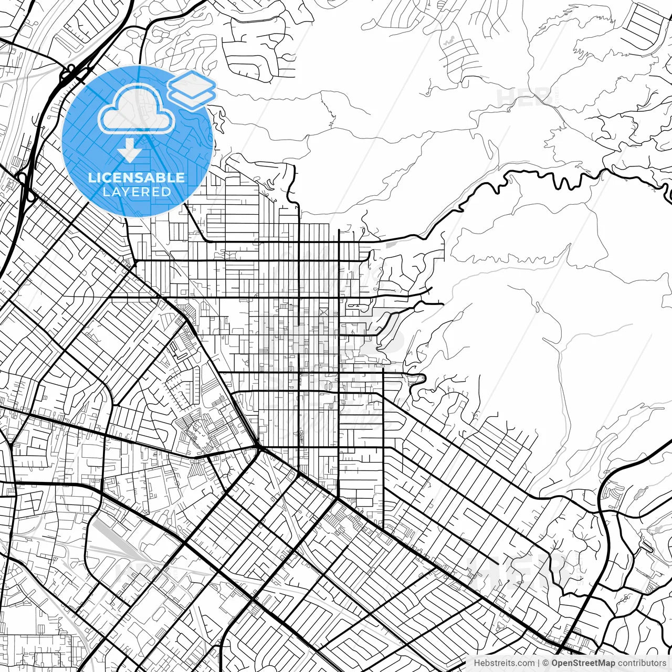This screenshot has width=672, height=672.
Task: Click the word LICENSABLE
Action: coord(136,177)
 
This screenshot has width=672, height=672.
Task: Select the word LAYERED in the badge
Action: coord(136,192)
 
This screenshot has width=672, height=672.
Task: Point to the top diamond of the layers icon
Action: coord(192,82)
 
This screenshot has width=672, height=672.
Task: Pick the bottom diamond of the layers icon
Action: coord(192,97)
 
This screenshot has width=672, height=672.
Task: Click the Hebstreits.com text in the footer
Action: coord(504,663)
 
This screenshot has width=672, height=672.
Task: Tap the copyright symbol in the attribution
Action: coord(545,663)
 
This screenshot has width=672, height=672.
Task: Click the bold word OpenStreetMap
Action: coord(583,663)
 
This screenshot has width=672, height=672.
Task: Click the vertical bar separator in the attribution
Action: coord(539,663)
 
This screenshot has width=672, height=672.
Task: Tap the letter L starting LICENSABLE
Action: coord(91,177)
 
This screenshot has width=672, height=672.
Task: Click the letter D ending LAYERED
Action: coord(166,192)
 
